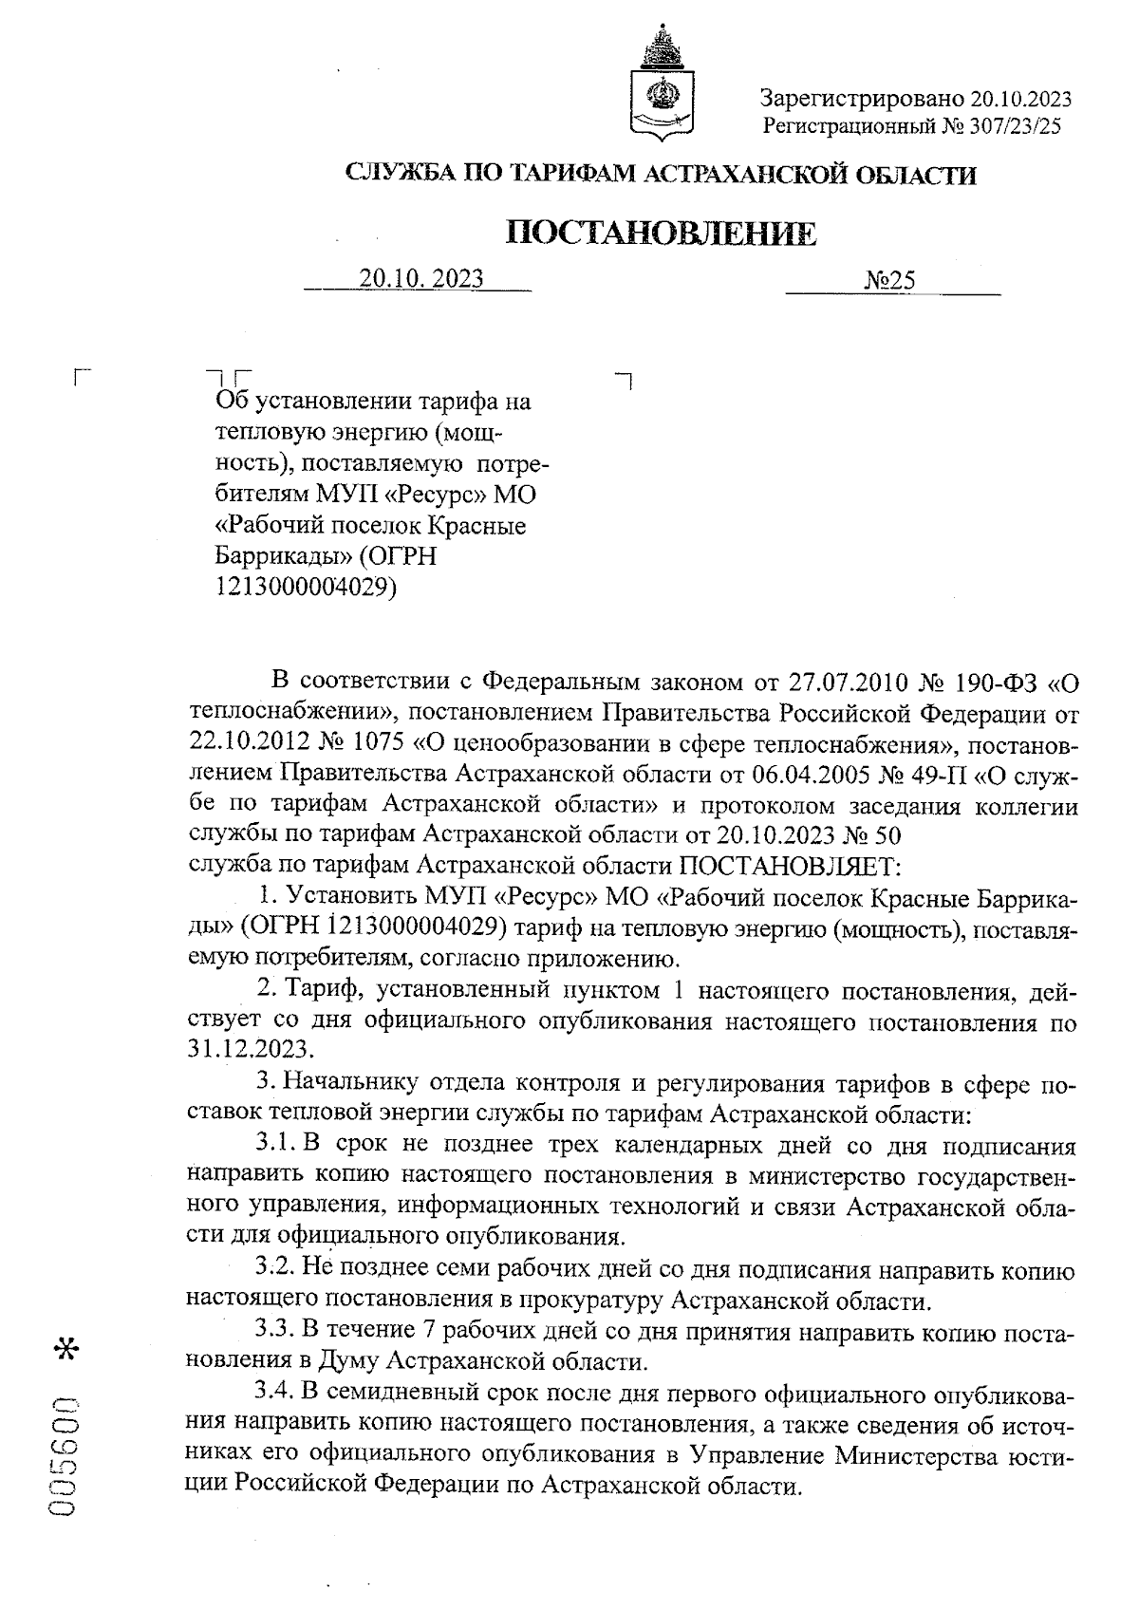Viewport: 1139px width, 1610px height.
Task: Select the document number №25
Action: point(889,280)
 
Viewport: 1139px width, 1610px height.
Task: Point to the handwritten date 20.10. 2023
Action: point(421,279)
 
